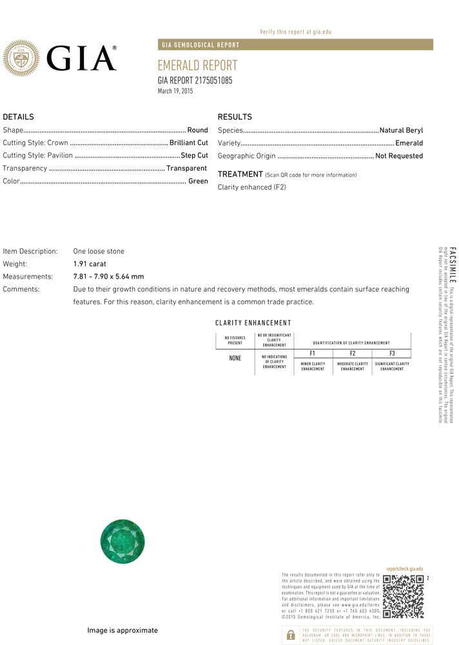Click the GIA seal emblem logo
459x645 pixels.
[22, 58]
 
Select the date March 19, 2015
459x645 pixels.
[175, 92]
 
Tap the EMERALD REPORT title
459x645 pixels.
[197, 66]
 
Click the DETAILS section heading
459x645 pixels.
[19, 117]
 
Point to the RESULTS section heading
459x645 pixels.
[235, 117]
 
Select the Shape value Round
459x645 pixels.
[197, 130]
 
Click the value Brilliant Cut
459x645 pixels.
[189, 143]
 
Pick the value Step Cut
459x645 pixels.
[195, 155]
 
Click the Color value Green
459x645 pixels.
[198, 181]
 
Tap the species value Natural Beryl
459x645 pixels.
[401, 130]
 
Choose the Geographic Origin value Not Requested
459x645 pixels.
[399, 156]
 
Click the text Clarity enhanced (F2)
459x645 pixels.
[251, 187]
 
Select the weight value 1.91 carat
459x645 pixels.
[90, 264]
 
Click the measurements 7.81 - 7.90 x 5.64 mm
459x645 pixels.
[108, 277]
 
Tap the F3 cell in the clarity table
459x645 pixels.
[392, 353]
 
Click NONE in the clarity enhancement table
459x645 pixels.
[235, 358]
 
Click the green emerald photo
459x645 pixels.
[122, 541]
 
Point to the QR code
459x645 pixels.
[403, 596]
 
